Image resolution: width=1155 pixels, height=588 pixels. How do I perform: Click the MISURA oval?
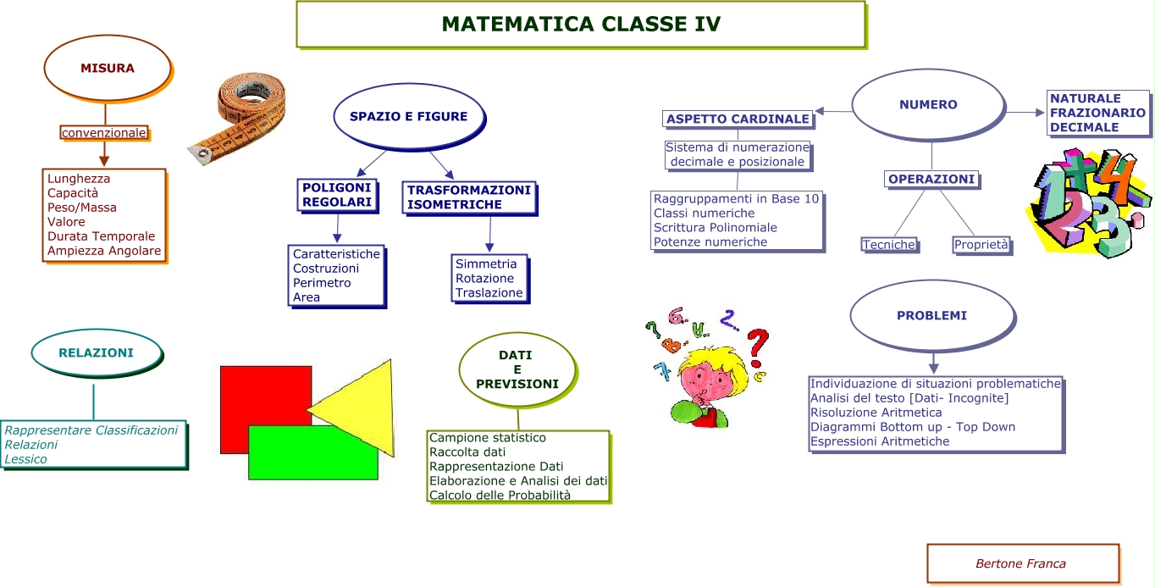(x=108, y=69)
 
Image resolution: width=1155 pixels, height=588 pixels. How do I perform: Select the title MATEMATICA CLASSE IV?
(x=581, y=24)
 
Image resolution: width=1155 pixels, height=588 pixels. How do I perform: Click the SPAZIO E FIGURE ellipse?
(x=408, y=117)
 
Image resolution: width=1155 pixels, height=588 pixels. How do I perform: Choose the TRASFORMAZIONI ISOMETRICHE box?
(x=468, y=197)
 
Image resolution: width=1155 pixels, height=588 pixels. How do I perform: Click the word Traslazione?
(x=489, y=292)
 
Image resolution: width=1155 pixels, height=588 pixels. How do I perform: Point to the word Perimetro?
(x=322, y=283)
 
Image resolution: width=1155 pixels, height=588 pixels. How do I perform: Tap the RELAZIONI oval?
(x=96, y=352)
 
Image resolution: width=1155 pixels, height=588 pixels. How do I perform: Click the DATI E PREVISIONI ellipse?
(x=517, y=370)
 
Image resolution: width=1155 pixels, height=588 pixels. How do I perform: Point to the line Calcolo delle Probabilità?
(x=500, y=495)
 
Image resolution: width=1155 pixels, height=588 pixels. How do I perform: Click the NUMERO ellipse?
(x=928, y=105)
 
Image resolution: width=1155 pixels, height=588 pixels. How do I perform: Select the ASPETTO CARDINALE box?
(x=738, y=119)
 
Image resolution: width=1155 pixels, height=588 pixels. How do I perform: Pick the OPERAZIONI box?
(x=931, y=179)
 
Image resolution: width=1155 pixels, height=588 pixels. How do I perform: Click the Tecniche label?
(x=888, y=245)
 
